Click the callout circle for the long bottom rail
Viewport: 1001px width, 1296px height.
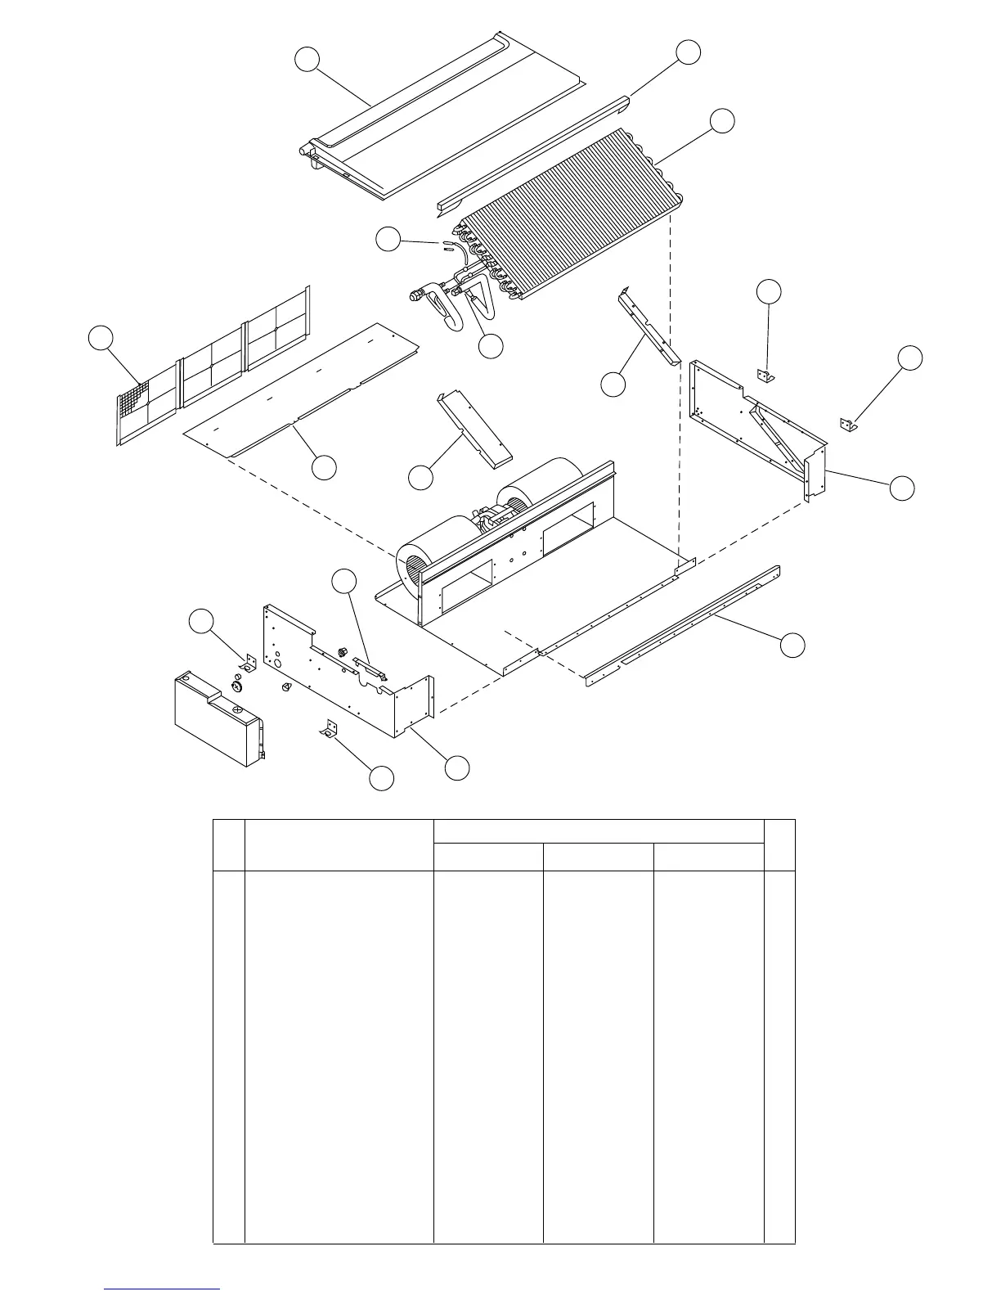coord(792,644)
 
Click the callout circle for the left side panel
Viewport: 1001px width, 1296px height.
coord(456,767)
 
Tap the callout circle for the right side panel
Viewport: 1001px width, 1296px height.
coord(901,487)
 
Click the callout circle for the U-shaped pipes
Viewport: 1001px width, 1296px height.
coord(490,346)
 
